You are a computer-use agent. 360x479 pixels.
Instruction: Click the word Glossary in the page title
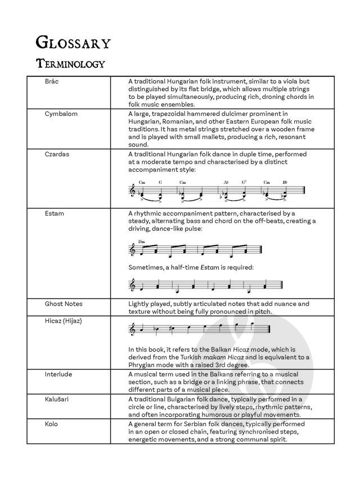coord(73,42)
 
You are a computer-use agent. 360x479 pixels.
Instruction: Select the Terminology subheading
coord(70,63)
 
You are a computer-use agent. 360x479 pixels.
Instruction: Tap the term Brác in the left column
coord(52,82)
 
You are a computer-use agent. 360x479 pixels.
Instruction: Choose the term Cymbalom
coord(61,114)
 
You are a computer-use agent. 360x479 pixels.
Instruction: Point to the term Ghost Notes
coord(64,304)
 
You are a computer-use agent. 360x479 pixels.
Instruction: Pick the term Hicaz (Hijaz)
coord(64,319)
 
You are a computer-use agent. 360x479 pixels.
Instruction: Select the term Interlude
coord(59,374)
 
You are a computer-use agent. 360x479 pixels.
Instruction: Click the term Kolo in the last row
coord(51,423)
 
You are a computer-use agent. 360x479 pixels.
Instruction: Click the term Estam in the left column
coord(54,214)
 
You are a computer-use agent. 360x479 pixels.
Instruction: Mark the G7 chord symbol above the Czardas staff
coord(244,183)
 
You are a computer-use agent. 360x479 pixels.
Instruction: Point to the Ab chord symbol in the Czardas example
coord(226,183)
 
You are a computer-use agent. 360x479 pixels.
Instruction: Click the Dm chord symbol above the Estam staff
coord(141,240)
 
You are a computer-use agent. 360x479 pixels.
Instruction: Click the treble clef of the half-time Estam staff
coord(133,286)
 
